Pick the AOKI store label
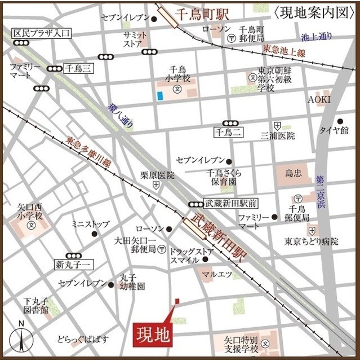pos(319,99)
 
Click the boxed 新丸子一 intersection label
pos(73,265)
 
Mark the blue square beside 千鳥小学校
pos(160,96)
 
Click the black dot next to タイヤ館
pos(340,121)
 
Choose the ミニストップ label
pos(90,224)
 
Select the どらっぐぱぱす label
pos(83,339)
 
